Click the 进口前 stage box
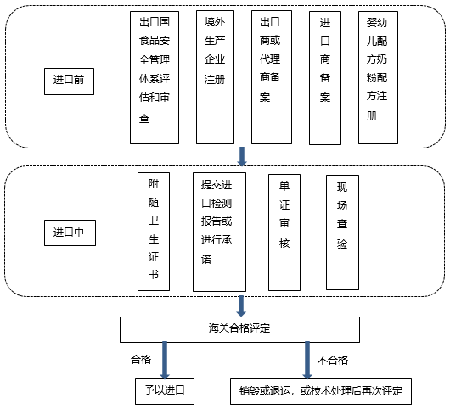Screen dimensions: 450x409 click(x=69, y=81)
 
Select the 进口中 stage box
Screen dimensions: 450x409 click(x=70, y=233)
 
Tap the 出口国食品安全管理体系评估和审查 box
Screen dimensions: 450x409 click(x=155, y=77)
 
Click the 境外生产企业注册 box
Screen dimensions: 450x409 click(x=216, y=77)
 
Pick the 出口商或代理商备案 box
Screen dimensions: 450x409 click(x=272, y=77)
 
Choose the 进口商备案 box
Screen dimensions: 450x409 click(x=325, y=78)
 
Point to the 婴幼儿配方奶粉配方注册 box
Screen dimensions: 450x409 click(x=378, y=77)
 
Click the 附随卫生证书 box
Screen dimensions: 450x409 click(x=154, y=232)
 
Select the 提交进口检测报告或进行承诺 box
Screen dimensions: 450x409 click(x=220, y=232)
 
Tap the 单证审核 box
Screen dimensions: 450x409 click(x=284, y=233)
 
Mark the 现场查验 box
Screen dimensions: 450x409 click(x=343, y=233)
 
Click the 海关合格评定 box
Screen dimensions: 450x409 click(x=240, y=329)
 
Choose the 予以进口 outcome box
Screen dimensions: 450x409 click(x=165, y=392)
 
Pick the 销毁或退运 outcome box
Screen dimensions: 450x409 click(x=321, y=392)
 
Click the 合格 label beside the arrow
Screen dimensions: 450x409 click(x=141, y=360)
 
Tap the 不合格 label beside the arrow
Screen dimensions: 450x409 click(x=333, y=361)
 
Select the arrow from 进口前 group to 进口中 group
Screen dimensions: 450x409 click(x=242, y=157)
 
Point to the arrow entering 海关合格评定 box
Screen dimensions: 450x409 click(x=241, y=306)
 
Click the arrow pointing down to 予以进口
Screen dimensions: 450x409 click(x=165, y=361)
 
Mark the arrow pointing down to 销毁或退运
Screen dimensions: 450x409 click(x=307, y=361)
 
